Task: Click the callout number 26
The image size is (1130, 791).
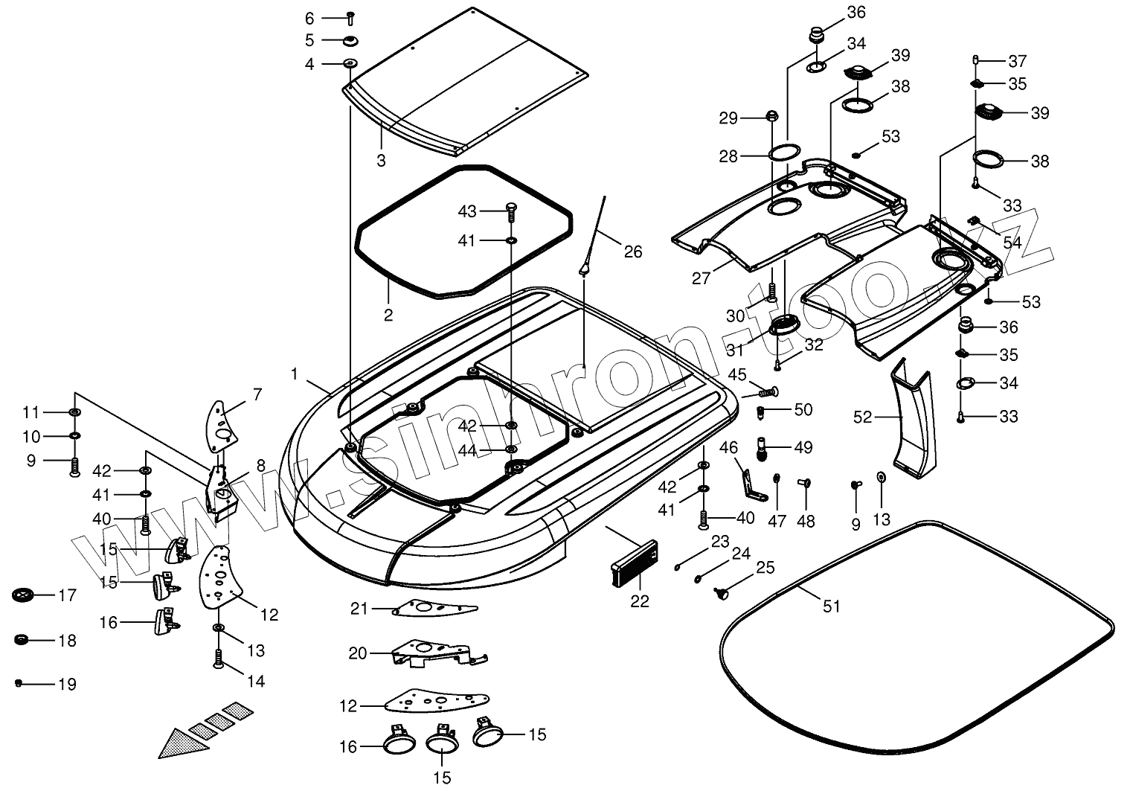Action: (x=633, y=252)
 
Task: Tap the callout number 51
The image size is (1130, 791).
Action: (x=832, y=606)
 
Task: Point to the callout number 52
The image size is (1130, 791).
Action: (x=863, y=417)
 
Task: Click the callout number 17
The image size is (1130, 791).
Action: (x=67, y=595)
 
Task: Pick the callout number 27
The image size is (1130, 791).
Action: (x=701, y=278)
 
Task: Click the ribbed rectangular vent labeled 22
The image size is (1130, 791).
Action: (x=635, y=563)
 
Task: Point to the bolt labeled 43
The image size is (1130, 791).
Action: (x=510, y=212)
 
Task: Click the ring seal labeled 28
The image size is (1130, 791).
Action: (x=784, y=153)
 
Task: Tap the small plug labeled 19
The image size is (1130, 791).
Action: (x=19, y=683)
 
